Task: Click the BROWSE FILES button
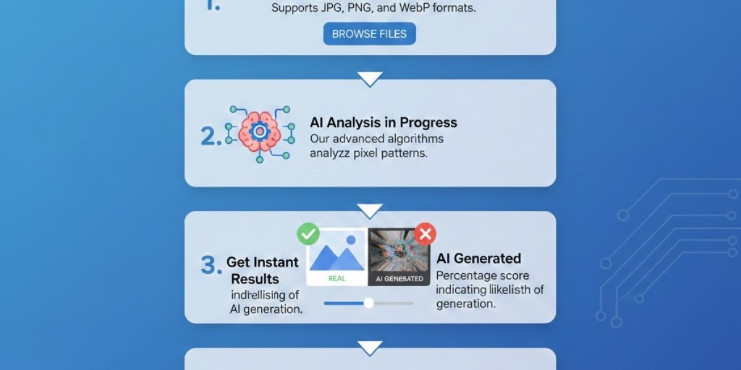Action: point(369,34)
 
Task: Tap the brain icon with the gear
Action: point(259,132)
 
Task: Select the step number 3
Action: point(211,265)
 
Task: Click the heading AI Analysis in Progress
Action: point(383,122)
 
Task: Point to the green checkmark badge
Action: point(308,234)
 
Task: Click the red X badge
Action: point(425,234)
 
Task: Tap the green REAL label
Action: point(337,279)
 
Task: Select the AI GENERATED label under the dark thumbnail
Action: point(400,279)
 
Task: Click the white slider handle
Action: point(369,303)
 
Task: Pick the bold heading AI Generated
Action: point(479,258)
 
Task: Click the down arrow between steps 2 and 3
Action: point(370,212)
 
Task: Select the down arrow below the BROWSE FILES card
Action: point(370,79)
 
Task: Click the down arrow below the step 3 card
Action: point(370,348)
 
